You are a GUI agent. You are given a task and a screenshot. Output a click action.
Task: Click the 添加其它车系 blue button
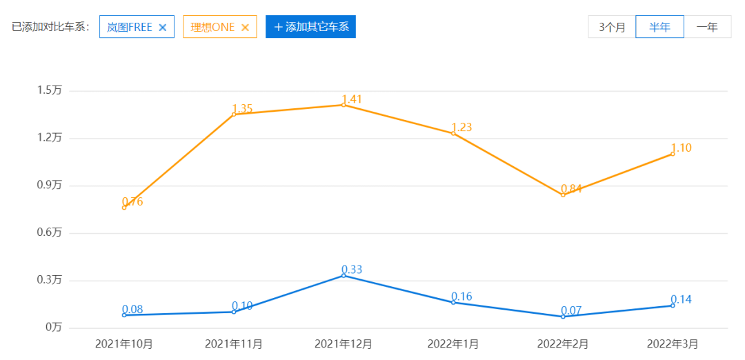point(310,27)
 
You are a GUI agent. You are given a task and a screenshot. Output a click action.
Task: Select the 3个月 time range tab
point(612,27)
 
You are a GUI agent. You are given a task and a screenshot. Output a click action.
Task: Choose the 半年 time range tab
point(659,27)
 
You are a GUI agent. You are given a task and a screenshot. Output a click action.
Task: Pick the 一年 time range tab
point(707,27)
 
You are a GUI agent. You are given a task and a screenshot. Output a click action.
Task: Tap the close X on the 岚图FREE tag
point(163,28)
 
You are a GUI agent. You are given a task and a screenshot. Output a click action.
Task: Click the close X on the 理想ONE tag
point(245,28)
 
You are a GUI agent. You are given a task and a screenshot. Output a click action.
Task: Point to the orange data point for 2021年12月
point(344,105)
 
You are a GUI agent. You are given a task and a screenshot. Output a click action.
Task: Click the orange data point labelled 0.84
point(563,195)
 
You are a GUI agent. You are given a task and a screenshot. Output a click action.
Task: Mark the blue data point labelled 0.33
point(344,275)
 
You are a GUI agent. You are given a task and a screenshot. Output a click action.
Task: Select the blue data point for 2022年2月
point(563,317)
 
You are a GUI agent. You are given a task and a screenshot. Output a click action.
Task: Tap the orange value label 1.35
point(242,108)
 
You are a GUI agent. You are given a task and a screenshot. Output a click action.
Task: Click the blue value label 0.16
point(461,297)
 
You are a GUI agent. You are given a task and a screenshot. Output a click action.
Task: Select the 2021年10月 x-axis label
point(124,343)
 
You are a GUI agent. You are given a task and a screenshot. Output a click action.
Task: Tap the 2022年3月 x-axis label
point(673,343)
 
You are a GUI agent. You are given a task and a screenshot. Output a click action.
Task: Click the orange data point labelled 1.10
point(673,154)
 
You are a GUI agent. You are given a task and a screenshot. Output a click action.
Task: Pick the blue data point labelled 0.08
point(124,315)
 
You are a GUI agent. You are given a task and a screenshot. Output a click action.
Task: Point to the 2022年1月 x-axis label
point(453,343)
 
